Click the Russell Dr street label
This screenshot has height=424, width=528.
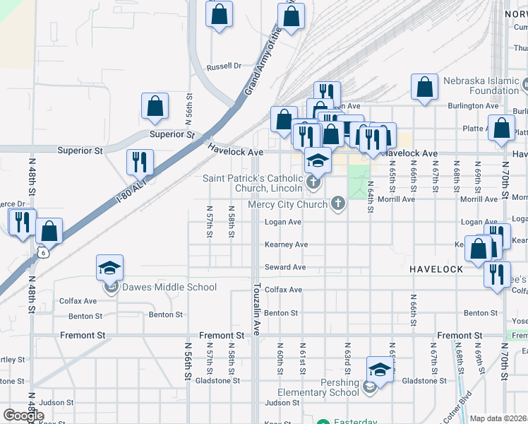224,67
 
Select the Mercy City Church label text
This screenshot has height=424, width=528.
287,205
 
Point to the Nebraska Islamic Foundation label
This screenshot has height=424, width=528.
484,86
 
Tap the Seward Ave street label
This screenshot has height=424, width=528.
285,267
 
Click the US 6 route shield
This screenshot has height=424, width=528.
44,252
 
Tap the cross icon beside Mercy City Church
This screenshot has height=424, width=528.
338,204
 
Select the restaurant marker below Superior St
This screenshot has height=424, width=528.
140,162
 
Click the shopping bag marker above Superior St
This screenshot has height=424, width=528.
155,106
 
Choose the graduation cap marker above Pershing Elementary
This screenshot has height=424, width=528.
380,370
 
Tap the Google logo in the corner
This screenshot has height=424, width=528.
23,416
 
